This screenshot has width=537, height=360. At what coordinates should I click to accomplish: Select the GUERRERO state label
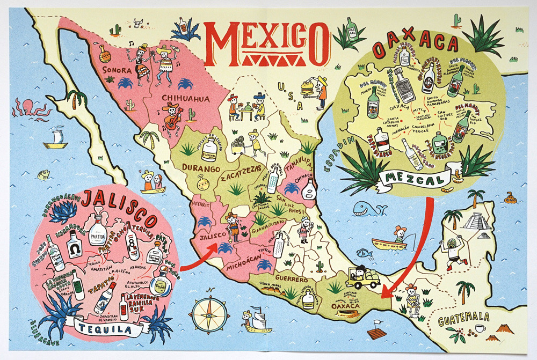(x=293, y=280)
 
